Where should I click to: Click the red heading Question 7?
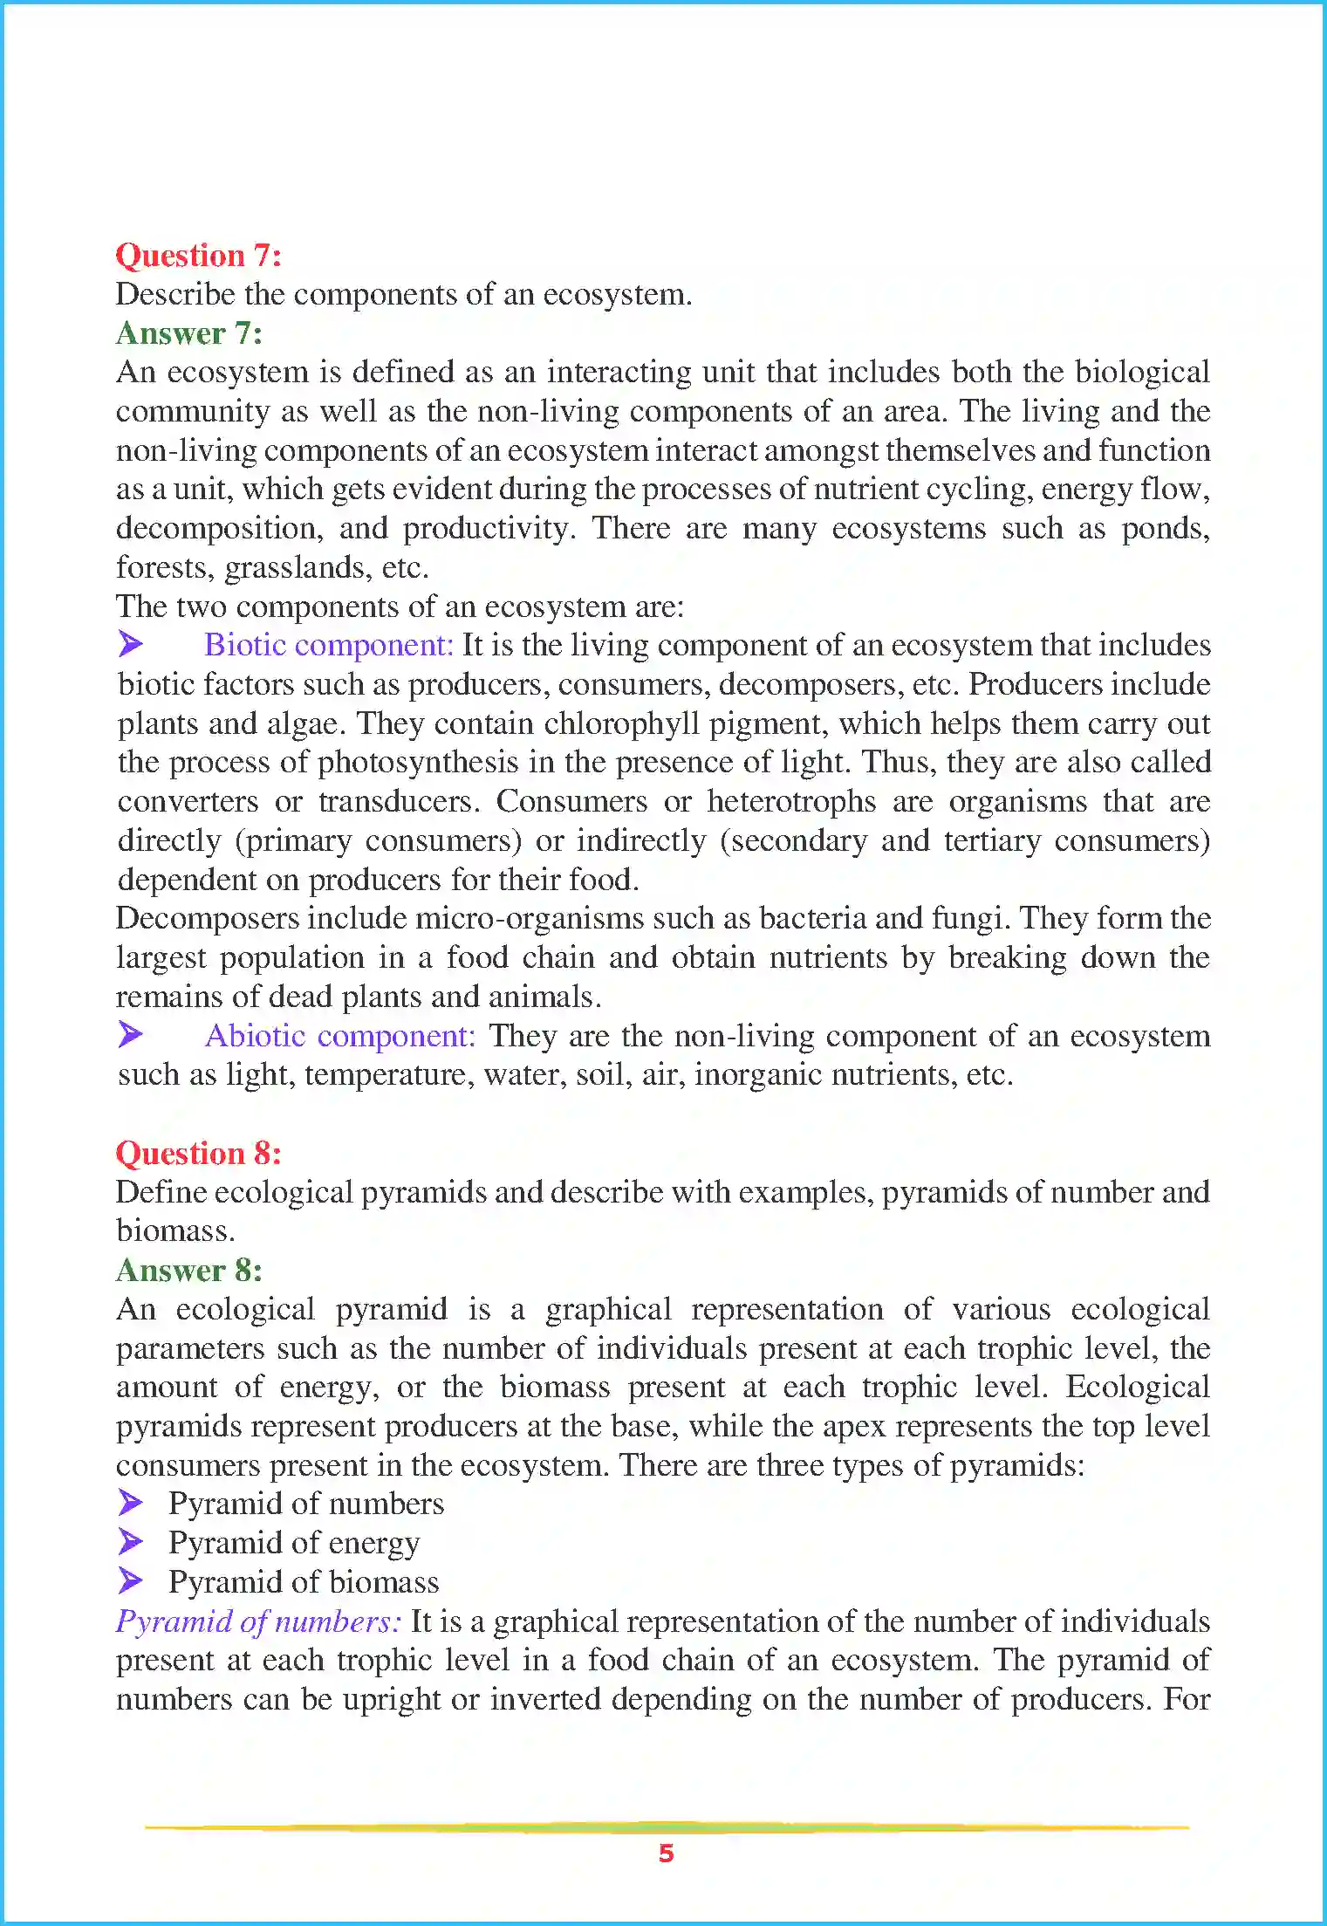click(198, 256)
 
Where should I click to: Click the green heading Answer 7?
click(188, 333)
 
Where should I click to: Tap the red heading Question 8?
click(198, 1154)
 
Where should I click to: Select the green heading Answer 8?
click(188, 1271)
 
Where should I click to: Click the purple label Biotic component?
click(328, 645)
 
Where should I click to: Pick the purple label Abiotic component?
click(339, 1036)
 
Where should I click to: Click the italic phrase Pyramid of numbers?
click(258, 1621)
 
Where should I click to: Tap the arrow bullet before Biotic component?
click(130, 645)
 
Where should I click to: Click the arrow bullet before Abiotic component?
click(130, 1035)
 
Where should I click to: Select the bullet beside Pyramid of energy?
click(130, 1542)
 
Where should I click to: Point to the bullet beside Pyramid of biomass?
click(130, 1580)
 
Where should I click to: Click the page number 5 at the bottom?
click(666, 1853)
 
